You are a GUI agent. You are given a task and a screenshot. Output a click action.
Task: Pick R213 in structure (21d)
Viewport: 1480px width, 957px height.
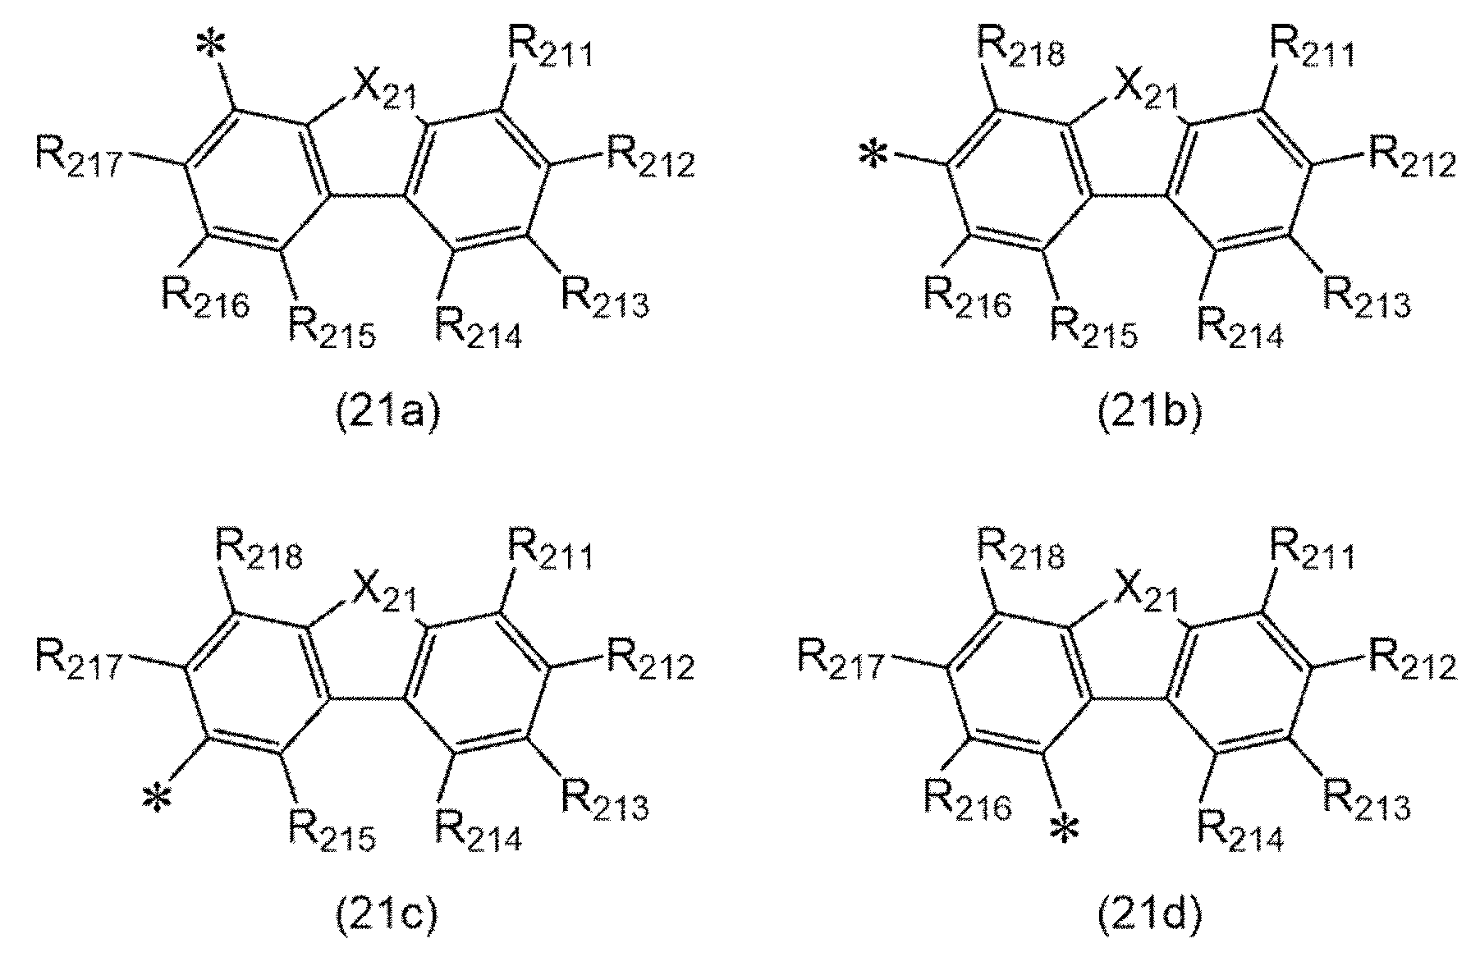[x=1365, y=800]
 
